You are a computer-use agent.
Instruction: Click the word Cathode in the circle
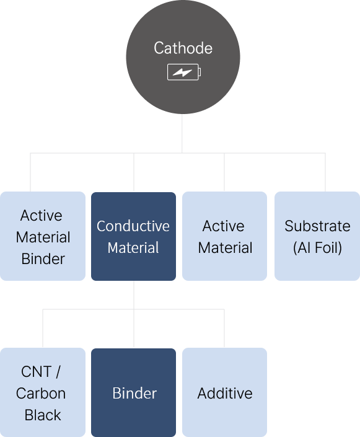[x=183, y=48]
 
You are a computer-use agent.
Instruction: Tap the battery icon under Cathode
[x=184, y=72]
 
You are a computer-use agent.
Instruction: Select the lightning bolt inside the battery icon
[x=182, y=73]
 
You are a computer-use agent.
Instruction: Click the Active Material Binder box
[x=43, y=236]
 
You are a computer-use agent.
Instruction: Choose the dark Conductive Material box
[x=133, y=236]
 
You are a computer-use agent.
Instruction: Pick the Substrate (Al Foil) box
[x=317, y=236]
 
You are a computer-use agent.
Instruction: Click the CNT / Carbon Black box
[x=43, y=392]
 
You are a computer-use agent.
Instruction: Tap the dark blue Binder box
[x=133, y=393]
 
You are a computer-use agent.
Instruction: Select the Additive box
[x=224, y=392]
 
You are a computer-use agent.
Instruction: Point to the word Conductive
[x=133, y=226]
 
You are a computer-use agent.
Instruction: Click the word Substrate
[x=317, y=226]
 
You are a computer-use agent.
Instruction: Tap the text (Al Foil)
[x=317, y=247]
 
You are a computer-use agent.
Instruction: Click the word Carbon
[x=41, y=393]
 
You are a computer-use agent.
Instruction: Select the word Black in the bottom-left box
[x=43, y=415]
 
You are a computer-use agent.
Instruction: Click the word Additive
[x=225, y=393]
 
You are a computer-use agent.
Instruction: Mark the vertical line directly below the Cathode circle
[x=182, y=133]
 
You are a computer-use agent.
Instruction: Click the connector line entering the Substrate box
[x=325, y=172]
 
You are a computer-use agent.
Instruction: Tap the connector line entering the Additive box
[x=224, y=329]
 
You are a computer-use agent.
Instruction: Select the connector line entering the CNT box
[x=43, y=329]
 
